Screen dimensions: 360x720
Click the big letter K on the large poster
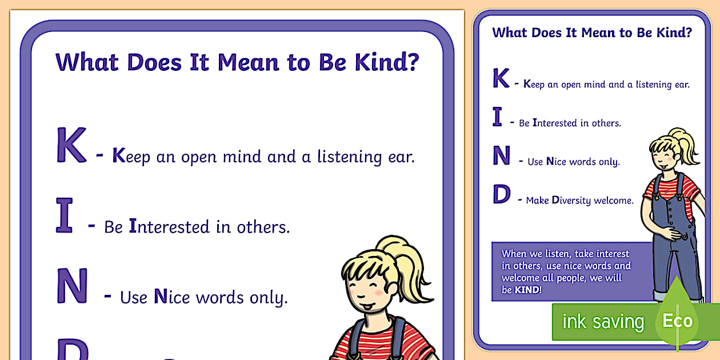[x=71, y=146]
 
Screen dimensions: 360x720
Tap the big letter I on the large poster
[x=65, y=215]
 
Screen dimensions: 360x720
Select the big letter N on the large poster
[x=72, y=286]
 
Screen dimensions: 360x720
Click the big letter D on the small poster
[x=501, y=195]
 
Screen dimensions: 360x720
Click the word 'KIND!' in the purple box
[x=527, y=290]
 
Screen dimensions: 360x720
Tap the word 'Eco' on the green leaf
[x=677, y=321]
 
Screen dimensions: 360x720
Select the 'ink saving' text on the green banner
[x=603, y=321]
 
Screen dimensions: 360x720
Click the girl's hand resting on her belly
[x=675, y=233]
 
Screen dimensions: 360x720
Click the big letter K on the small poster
[x=501, y=79]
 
